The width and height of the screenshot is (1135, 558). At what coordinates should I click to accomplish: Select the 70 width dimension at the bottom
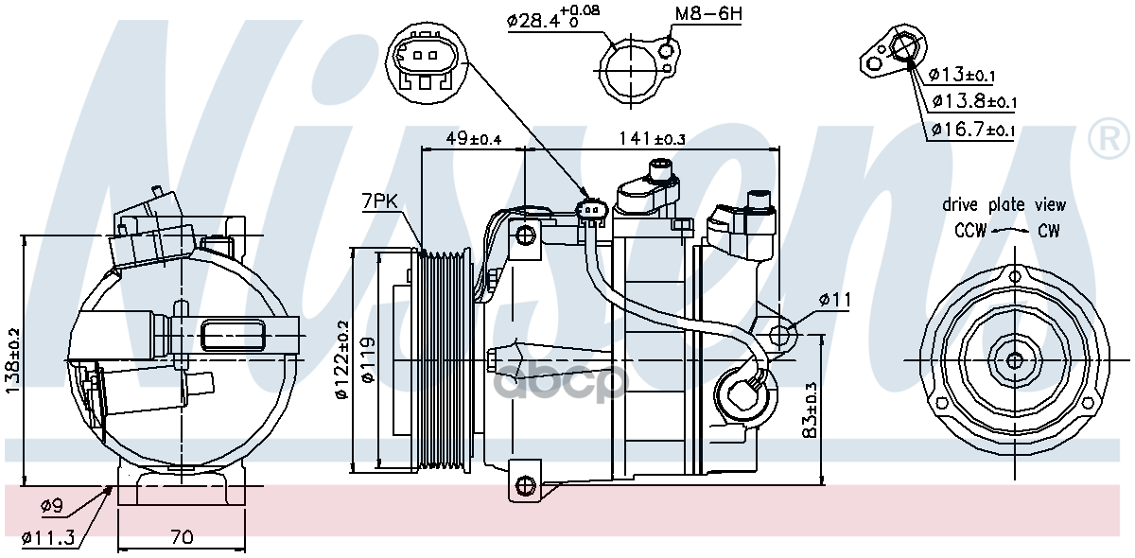coord(182,537)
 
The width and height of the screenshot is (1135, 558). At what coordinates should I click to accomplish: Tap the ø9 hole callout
coord(54,507)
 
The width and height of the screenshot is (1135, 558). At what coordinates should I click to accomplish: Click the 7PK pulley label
coord(378,201)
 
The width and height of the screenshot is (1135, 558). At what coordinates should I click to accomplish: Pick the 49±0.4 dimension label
coord(473,139)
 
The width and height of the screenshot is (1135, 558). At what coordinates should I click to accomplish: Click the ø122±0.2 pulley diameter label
coord(342,362)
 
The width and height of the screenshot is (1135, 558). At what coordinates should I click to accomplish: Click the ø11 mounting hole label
coord(835,300)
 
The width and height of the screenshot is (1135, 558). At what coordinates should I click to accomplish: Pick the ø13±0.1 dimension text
coord(961,75)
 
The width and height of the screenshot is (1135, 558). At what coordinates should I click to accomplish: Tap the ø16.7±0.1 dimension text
coord(972,130)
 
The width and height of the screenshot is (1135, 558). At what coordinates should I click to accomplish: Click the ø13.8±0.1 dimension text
coord(974,101)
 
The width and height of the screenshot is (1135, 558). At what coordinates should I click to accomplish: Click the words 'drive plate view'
coord(1004,204)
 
